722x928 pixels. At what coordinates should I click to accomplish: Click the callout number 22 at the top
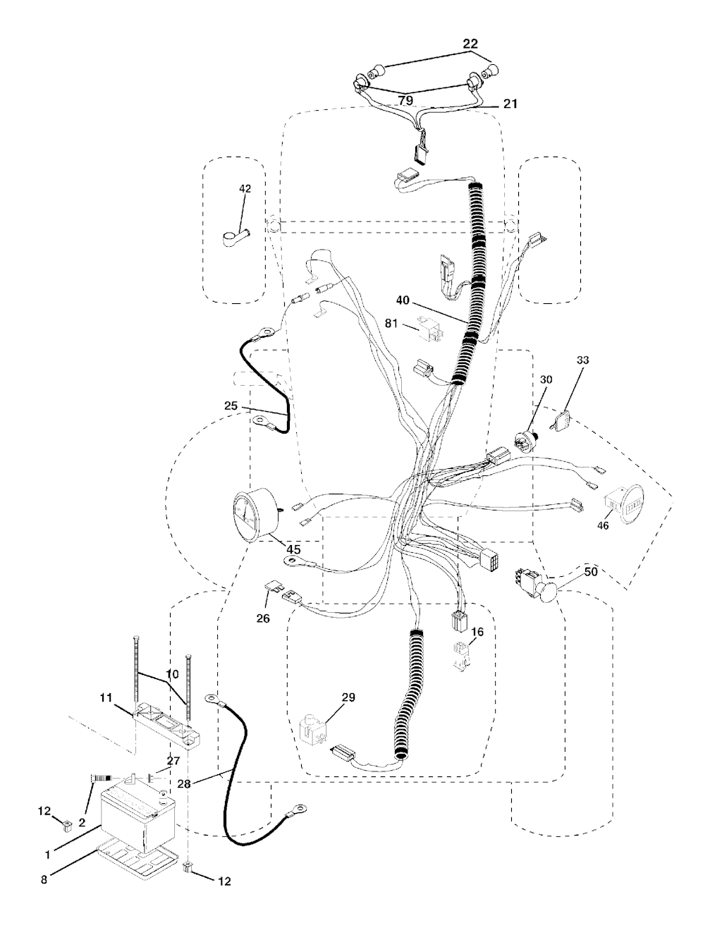470,44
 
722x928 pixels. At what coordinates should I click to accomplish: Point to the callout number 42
245,189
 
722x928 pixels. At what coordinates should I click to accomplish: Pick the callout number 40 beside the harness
402,300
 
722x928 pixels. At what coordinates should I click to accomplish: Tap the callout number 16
477,632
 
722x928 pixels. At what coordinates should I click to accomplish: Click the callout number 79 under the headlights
405,101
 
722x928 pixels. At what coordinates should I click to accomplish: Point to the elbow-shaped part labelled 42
236,238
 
